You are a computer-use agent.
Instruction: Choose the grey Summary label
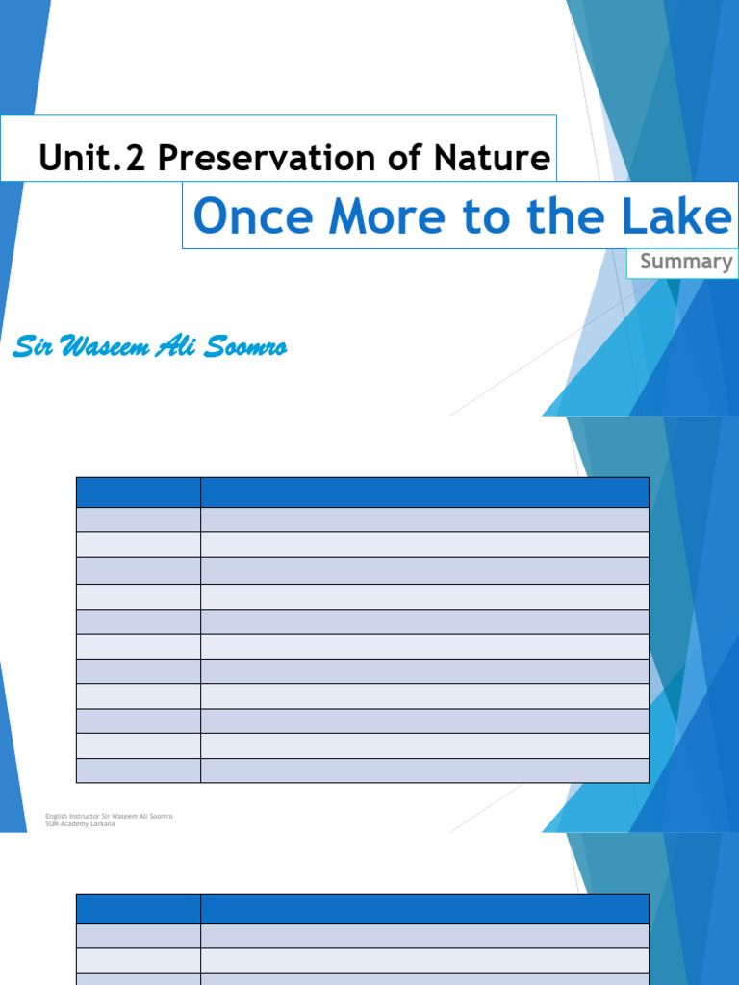point(686,262)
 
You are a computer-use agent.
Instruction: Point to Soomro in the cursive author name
point(251,347)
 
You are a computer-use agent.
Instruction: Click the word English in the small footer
point(56,817)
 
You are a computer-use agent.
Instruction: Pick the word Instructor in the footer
point(84,817)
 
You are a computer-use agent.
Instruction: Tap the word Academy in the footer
point(76,824)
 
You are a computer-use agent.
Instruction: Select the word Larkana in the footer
point(103,824)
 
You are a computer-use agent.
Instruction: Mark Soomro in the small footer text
point(160,817)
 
